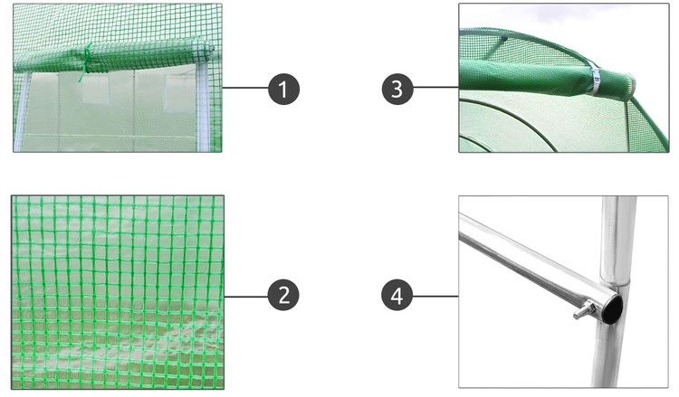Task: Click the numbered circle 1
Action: pos(283,89)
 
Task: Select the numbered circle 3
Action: pos(397,89)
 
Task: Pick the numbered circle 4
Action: pos(397,296)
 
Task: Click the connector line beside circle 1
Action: pos(245,88)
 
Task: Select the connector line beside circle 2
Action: pos(246,297)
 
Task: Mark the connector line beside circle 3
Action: pos(435,88)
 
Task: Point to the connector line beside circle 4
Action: pos(435,297)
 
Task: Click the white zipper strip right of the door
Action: pos(203,109)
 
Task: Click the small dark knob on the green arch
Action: pos(503,39)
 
